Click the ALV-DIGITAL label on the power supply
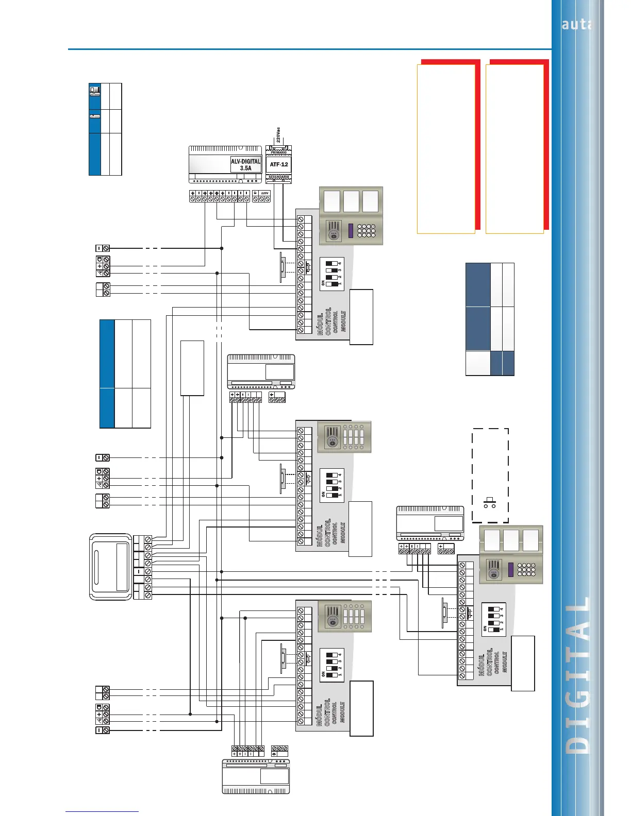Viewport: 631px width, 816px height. (x=246, y=161)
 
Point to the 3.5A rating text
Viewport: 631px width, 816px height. (x=246, y=168)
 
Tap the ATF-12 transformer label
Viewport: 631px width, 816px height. (x=279, y=165)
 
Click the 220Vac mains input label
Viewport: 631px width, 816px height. (x=278, y=135)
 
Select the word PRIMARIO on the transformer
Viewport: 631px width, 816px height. (x=278, y=152)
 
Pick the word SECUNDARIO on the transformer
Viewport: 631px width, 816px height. (x=278, y=177)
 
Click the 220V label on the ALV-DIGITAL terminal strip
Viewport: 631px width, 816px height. (x=264, y=193)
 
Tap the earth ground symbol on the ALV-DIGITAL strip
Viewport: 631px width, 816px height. (x=255, y=193)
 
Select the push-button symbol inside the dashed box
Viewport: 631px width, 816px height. (x=490, y=502)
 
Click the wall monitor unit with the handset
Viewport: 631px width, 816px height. (x=110, y=567)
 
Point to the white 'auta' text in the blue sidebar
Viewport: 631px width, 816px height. (x=576, y=24)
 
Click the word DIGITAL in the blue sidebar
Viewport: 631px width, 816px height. (x=577, y=675)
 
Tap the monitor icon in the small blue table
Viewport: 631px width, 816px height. (x=95, y=92)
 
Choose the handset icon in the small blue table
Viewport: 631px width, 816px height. (x=95, y=116)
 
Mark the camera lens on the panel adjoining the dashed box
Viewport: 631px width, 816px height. (x=494, y=573)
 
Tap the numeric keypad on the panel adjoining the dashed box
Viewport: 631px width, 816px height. (x=526, y=569)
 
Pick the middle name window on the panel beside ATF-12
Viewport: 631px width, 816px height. (x=351, y=201)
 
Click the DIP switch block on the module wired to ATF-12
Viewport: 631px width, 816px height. (x=331, y=274)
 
